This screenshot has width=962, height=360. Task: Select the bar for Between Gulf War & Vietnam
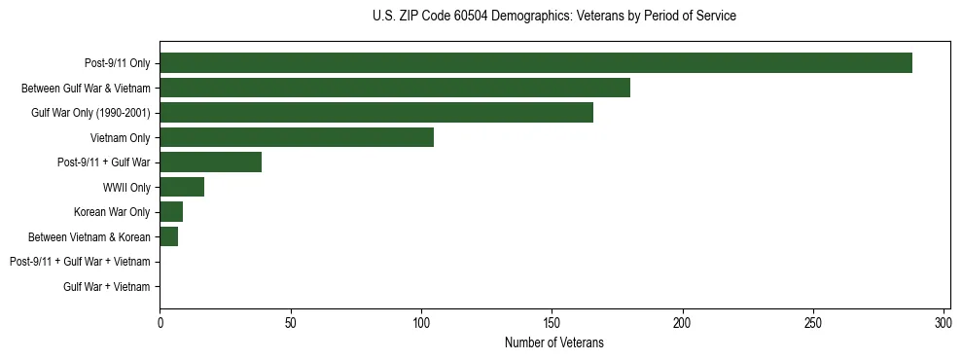(395, 88)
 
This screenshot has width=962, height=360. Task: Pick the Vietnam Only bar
(297, 137)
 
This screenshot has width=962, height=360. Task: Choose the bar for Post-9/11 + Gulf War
(210, 162)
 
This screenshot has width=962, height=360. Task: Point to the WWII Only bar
(182, 187)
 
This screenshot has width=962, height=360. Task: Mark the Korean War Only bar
(171, 212)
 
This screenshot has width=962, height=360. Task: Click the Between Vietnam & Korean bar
(169, 236)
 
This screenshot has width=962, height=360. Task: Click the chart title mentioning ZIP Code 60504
(554, 17)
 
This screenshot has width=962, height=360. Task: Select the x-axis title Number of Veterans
(554, 342)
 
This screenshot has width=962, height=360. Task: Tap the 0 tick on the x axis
(160, 322)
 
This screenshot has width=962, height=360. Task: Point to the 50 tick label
(290, 322)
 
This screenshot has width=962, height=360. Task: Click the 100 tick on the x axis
(421, 322)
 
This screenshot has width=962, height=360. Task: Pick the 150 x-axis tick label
(552, 322)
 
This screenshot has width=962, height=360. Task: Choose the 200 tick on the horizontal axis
(682, 322)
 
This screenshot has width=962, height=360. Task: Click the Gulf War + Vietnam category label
(107, 286)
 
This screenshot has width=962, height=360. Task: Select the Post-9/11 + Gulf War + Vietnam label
(80, 262)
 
